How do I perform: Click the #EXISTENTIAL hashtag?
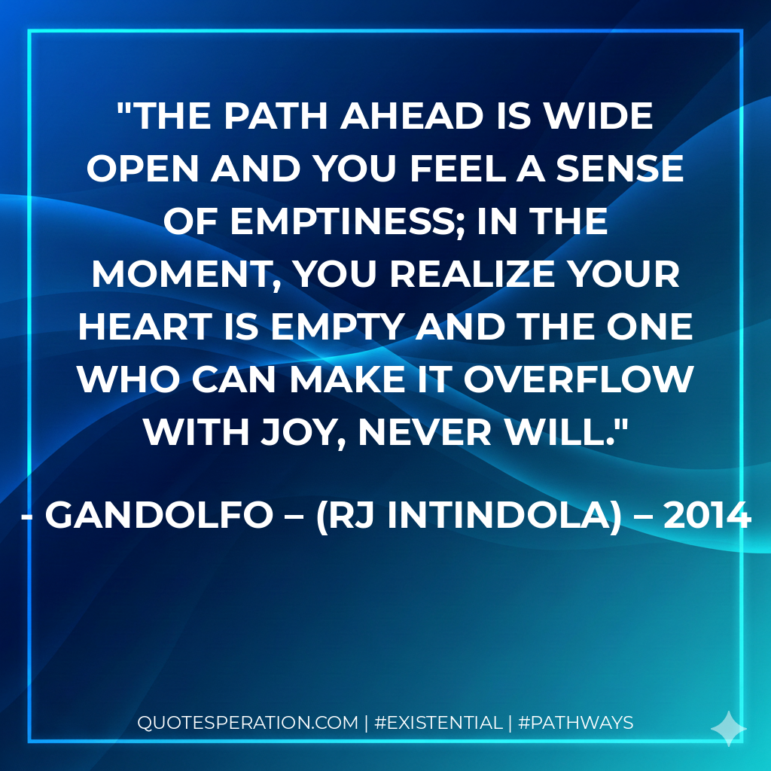437,723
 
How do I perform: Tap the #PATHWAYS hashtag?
576,723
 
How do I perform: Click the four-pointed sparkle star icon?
729,728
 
